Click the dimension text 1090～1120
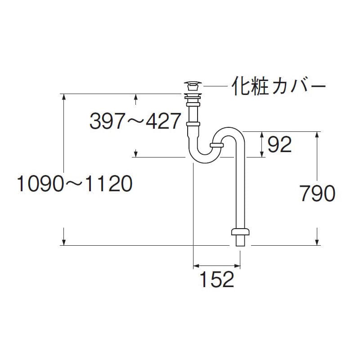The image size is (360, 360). click(x=75, y=184)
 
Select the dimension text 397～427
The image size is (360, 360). click(x=135, y=121)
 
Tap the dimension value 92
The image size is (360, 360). click(x=279, y=144)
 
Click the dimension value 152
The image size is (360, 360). click(x=217, y=279)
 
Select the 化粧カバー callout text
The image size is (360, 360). click(x=279, y=86)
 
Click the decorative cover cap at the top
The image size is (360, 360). click(x=193, y=86)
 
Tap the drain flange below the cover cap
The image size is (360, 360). click(x=193, y=96)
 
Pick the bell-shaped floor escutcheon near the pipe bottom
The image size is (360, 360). click(x=240, y=232)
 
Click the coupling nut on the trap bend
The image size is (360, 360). click(x=216, y=145)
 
